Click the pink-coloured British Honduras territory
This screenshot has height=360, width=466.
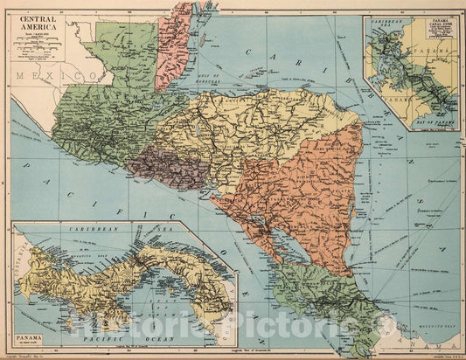173,48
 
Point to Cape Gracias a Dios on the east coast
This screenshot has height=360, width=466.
361,122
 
